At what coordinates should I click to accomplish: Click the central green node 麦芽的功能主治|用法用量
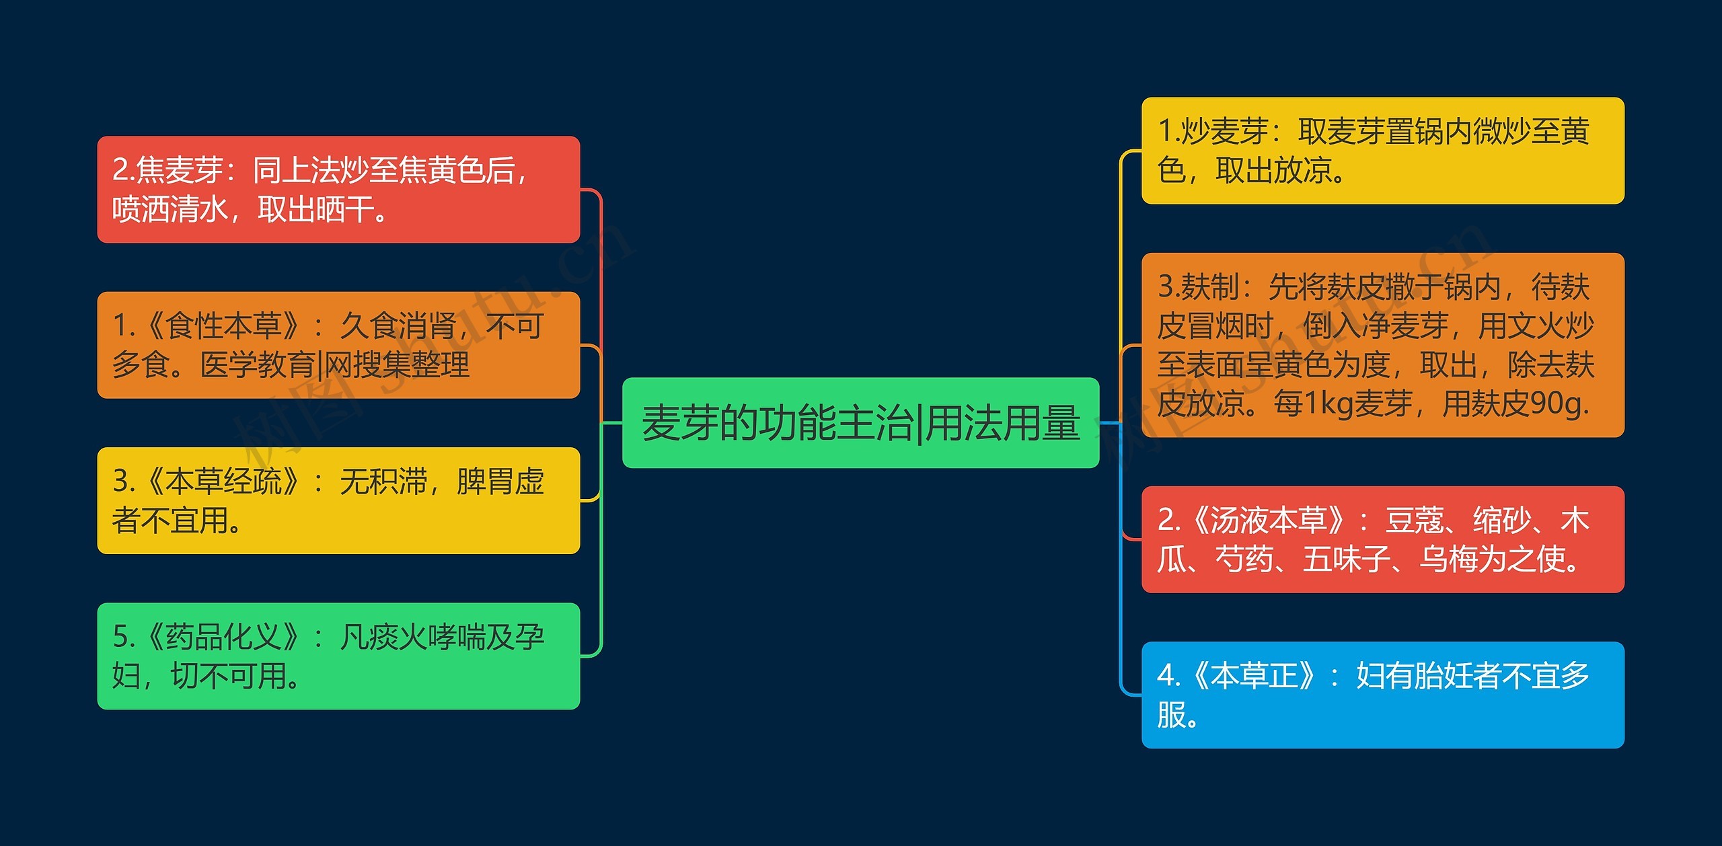pos(860,423)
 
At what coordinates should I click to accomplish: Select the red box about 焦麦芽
pos(338,190)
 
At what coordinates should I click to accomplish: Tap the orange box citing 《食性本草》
pos(338,345)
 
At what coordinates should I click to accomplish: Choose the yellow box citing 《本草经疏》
pos(338,500)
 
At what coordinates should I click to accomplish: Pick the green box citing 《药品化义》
pos(338,656)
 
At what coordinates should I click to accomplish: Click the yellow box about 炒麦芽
pos(1382,151)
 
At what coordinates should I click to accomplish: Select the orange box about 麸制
pos(1382,345)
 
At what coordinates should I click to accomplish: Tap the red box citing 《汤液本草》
pos(1382,539)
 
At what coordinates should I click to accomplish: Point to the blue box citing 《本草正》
pos(1382,695)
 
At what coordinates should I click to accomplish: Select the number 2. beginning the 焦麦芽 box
pos(123,170)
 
